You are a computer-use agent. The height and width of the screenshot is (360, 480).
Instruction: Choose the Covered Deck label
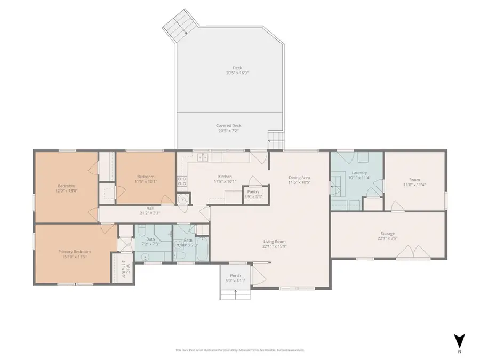[229, 128]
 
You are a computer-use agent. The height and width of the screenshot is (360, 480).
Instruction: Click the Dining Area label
[299, 180]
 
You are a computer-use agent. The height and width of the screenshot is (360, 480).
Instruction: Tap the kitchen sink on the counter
[202, 157]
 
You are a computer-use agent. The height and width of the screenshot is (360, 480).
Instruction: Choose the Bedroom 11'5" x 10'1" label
[146, 179]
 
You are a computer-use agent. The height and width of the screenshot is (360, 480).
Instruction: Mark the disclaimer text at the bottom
[239, 350]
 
